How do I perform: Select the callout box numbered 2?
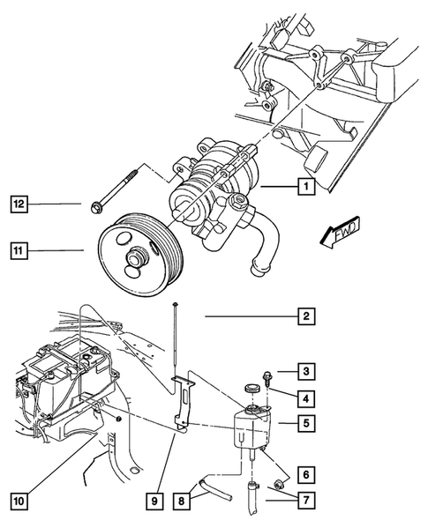click(x=304, y=316)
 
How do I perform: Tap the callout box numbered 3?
click(x=304, y=370)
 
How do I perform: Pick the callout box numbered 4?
click(x=304, y=397)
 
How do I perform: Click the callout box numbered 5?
click(x=304, y=424)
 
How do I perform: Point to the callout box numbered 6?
click(x=304, y=473)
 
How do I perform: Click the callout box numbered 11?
click(x=19, y=250)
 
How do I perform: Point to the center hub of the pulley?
click(x=137, y=259)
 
